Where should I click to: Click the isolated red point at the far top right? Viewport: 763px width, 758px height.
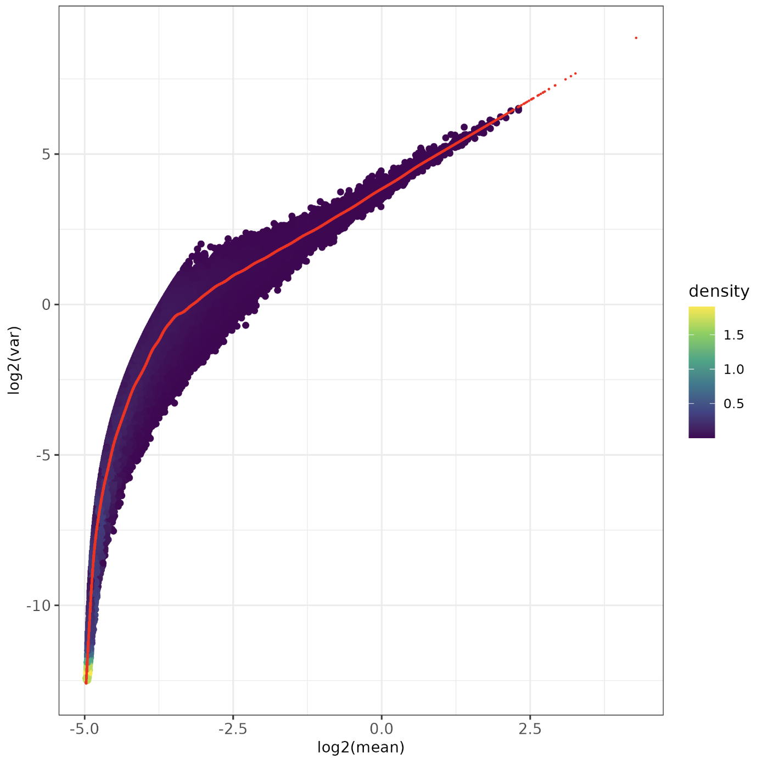636,38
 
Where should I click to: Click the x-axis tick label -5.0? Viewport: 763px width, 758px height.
85,729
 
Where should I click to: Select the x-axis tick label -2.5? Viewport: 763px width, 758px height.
233,729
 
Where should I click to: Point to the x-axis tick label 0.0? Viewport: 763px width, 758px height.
381,729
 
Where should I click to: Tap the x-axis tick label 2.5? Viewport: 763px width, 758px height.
530,729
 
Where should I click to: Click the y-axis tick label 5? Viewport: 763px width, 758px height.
46,154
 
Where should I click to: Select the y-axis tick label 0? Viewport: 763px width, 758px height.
46,304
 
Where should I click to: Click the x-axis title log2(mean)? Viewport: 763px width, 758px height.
361,747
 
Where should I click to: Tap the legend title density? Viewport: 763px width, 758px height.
719,291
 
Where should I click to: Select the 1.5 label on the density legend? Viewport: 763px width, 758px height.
733,335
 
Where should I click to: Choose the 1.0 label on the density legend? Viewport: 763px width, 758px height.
733,370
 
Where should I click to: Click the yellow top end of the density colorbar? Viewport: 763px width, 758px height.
702,309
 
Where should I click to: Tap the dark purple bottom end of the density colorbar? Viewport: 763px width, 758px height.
702,435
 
